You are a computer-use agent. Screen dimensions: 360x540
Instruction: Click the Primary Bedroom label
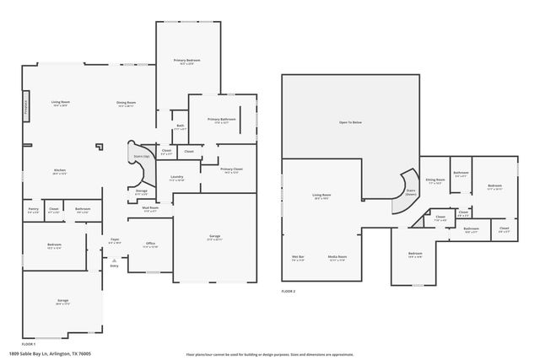[187, 62]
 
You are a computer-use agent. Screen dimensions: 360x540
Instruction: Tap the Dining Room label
[127, 104]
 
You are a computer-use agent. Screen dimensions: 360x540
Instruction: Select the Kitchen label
[59, 171]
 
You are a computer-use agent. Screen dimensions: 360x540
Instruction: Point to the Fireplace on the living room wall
[26, 108]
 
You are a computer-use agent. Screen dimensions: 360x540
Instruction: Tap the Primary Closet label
[231, 171]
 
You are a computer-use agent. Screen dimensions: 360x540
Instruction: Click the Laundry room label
[176, 177]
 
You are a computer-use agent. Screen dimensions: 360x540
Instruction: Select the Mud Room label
[151, 209]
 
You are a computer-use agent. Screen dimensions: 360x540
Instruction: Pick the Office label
[150, 244]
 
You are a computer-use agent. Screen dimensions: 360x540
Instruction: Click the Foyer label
[114, 240]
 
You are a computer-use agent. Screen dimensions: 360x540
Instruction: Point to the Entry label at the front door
[114, 266]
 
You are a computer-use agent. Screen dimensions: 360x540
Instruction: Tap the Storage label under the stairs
[141, 192]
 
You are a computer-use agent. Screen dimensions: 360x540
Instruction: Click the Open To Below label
[350, 123]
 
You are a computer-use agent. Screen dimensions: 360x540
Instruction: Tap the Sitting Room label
[435, 180]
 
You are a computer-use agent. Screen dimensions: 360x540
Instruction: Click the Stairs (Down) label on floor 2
[411, 192]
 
